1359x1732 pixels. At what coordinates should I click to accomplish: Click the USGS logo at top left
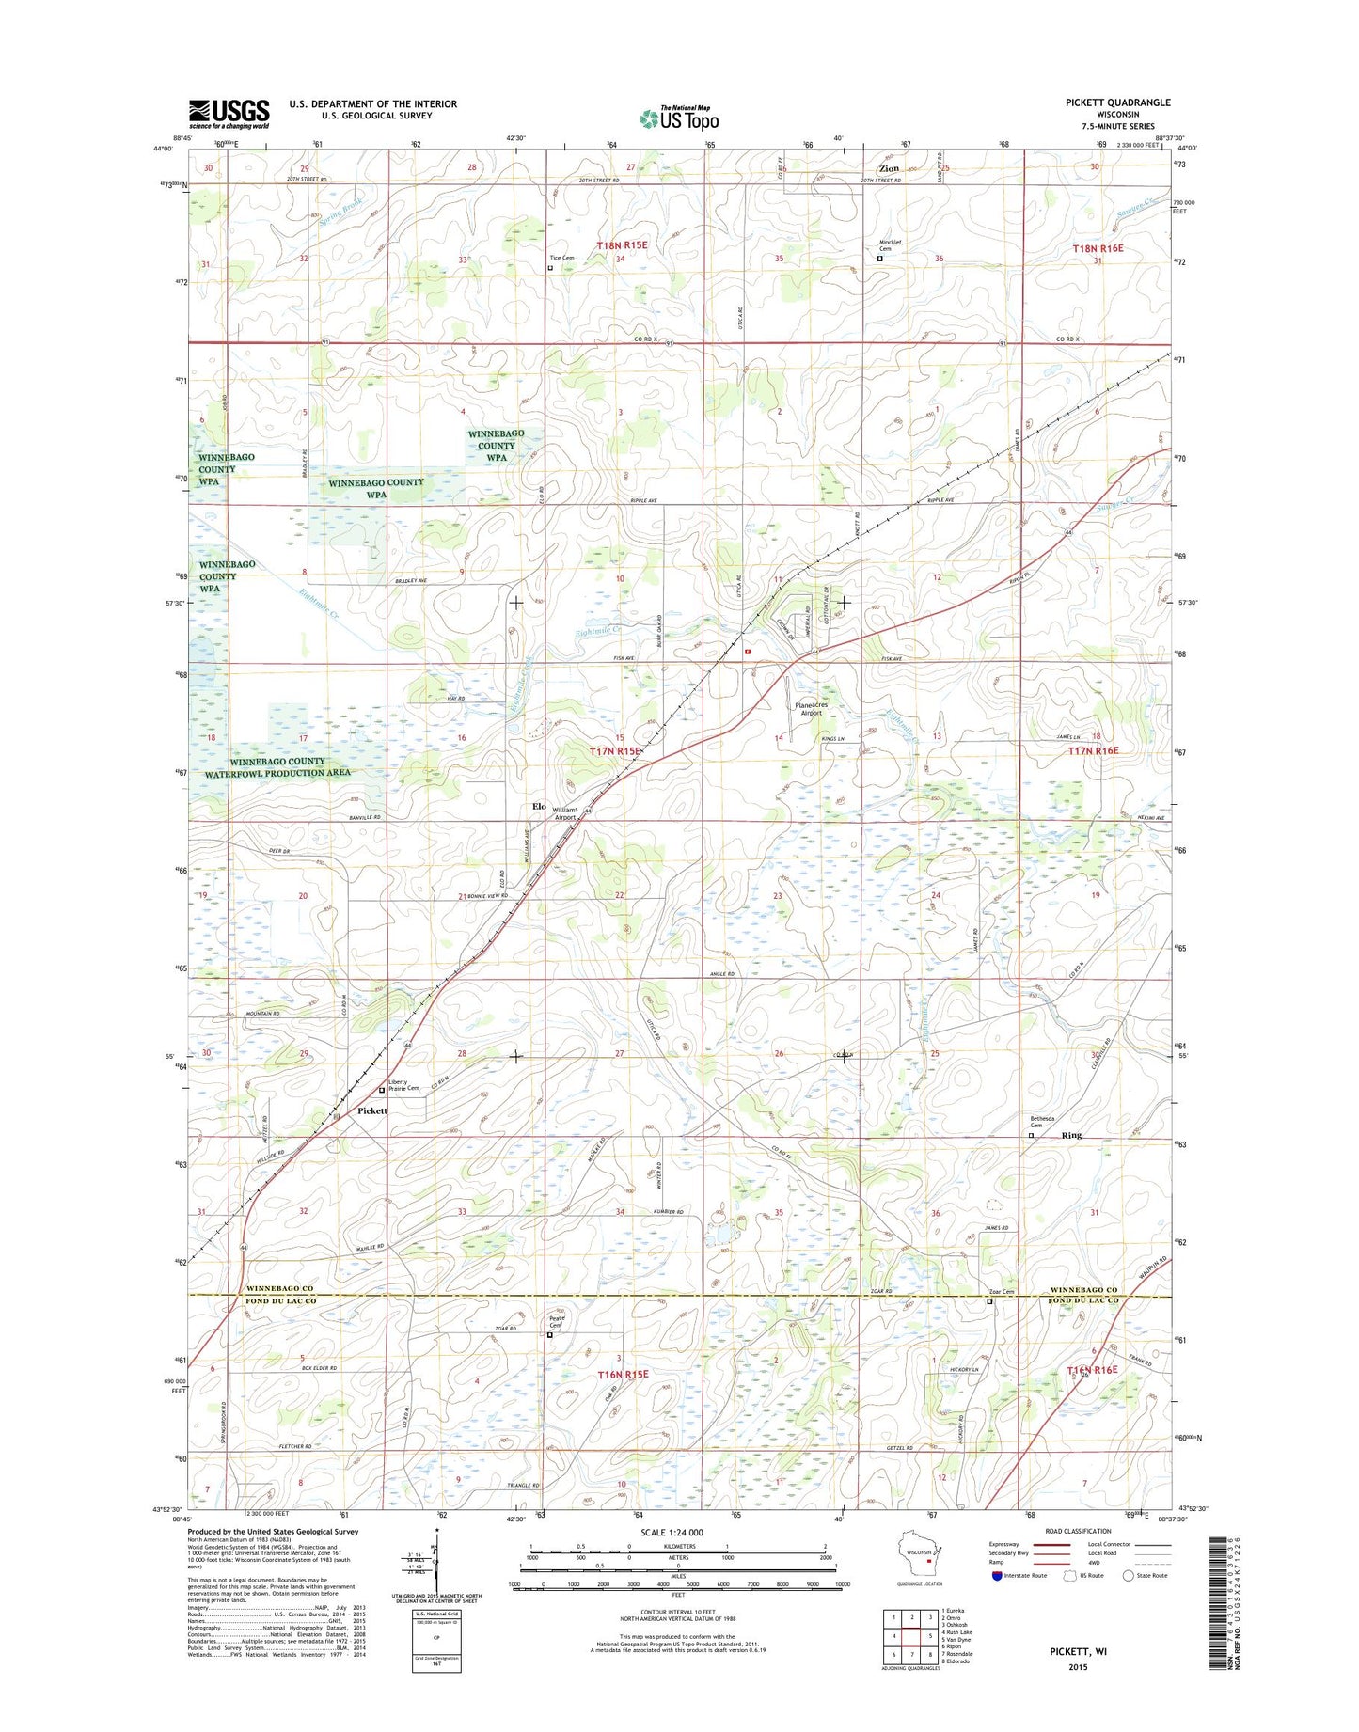(229, 114)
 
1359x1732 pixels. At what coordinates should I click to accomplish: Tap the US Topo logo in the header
(679, 118)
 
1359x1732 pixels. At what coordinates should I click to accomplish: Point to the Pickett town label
(372, 1110)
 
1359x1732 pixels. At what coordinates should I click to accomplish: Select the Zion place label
(889, 168)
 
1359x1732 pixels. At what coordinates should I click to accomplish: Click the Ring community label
(1071, 1135)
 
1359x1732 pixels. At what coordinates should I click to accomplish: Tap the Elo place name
(539, 806)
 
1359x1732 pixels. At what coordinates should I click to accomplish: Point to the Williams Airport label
(565, 813)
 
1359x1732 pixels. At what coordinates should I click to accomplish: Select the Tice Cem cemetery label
(561, 258)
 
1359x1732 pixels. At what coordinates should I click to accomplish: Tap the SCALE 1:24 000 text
(672, 1533)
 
